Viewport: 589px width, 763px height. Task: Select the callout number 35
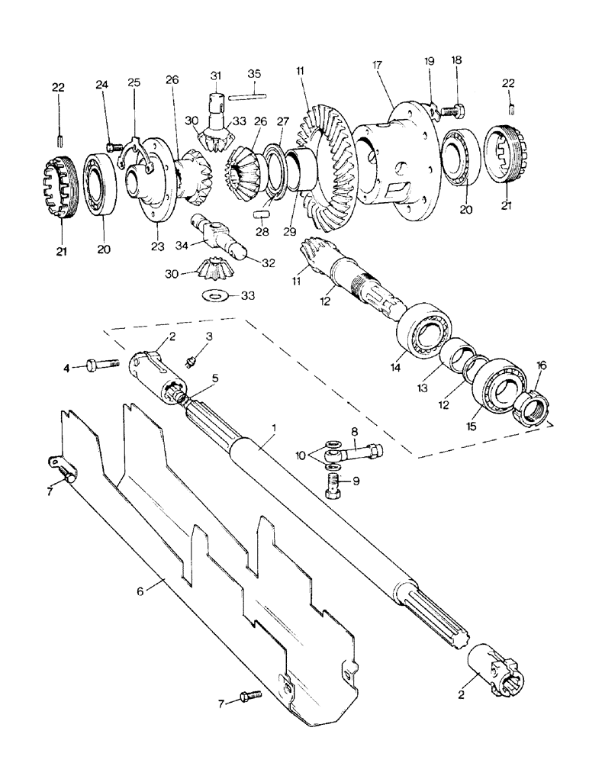[255, 73]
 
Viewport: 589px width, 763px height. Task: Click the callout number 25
[134, 82]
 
